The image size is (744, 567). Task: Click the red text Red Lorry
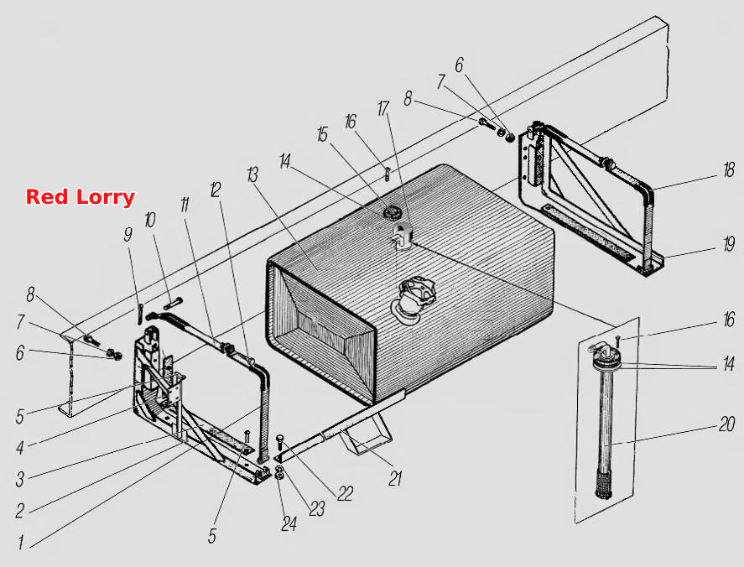pos(81,197)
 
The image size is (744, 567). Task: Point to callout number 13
pos(252,175)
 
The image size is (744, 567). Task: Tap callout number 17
pos(383,109)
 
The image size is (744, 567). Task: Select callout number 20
pos(726,424)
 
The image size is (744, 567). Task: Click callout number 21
pos(395,479)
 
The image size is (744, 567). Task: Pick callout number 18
pos(729,170)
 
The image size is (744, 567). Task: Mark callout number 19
pos(729,244)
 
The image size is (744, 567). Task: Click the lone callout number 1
pos(21,543)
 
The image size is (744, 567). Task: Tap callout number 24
pos(289,524)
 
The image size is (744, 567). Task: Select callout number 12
pos(216,190)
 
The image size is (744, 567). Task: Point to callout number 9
pos(128,234)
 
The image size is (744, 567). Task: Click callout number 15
pos(323,134)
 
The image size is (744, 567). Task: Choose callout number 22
pos(346,494)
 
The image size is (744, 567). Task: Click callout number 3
pos(19,479)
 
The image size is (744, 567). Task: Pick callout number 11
pos(185,205)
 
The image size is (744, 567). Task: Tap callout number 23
pos(317,509)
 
